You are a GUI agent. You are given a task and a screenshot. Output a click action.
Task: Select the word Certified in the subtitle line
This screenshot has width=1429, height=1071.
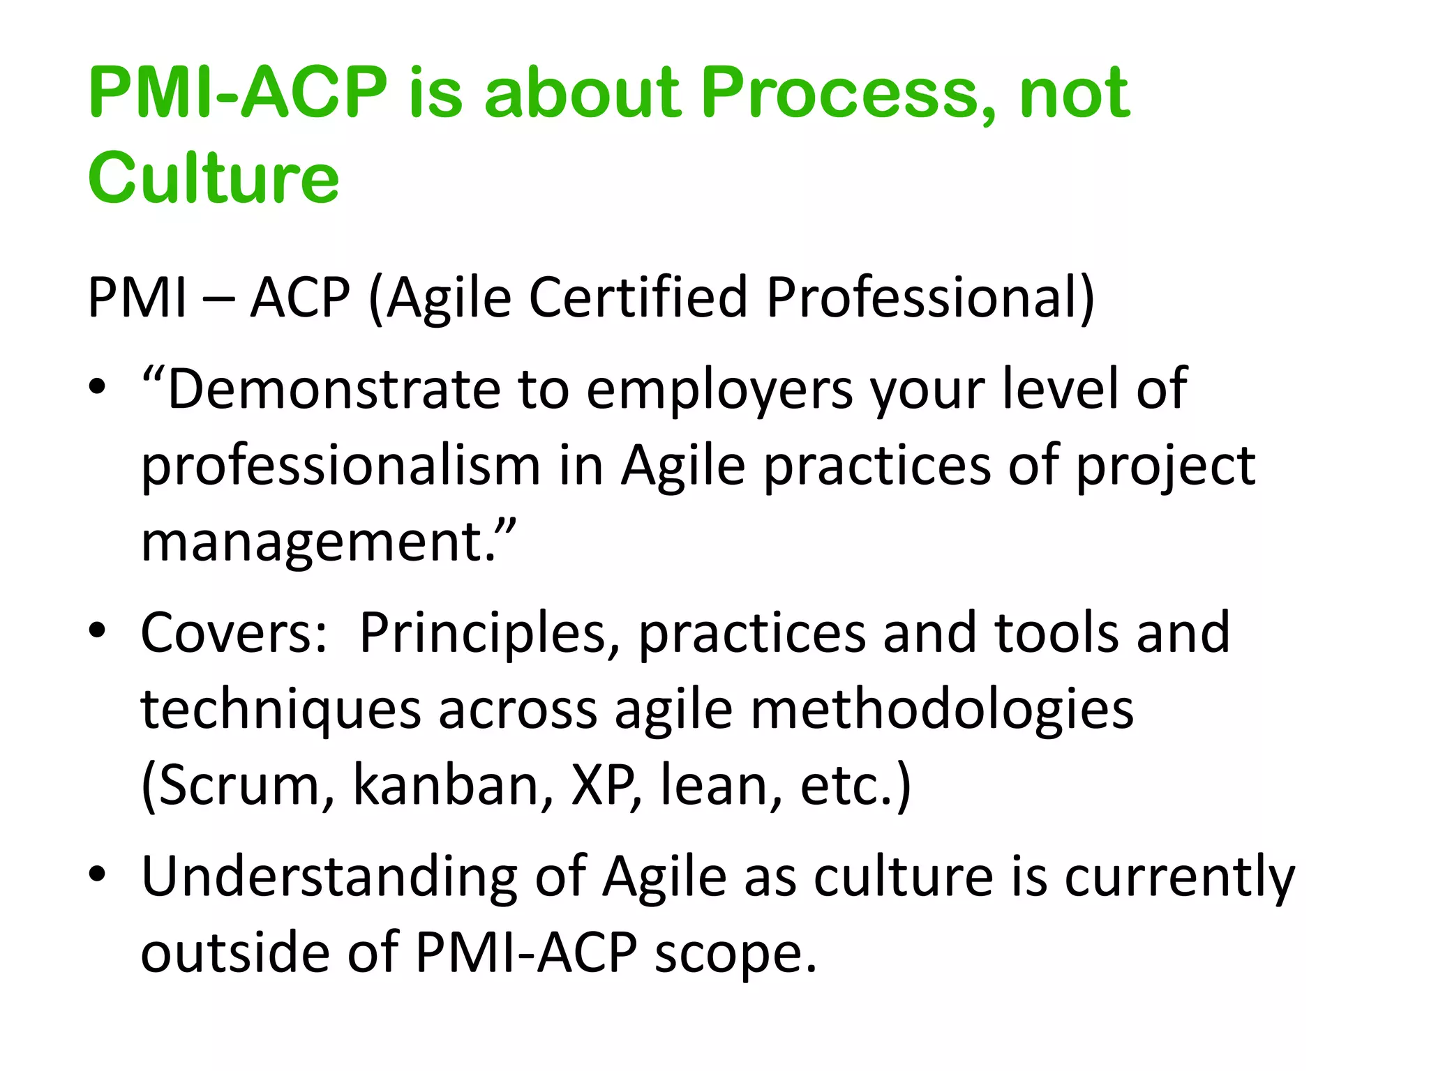(x=638, y=298)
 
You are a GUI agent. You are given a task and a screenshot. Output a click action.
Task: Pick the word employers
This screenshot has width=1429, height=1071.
(x=719, y=390)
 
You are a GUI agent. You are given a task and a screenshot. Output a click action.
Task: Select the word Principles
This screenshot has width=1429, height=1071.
(x=481, y=634)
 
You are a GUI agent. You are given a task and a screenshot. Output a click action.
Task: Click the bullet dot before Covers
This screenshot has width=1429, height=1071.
(x=97, y=630)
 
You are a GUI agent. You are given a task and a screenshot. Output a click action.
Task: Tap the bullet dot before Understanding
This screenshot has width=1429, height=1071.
(x=97, y=874)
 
